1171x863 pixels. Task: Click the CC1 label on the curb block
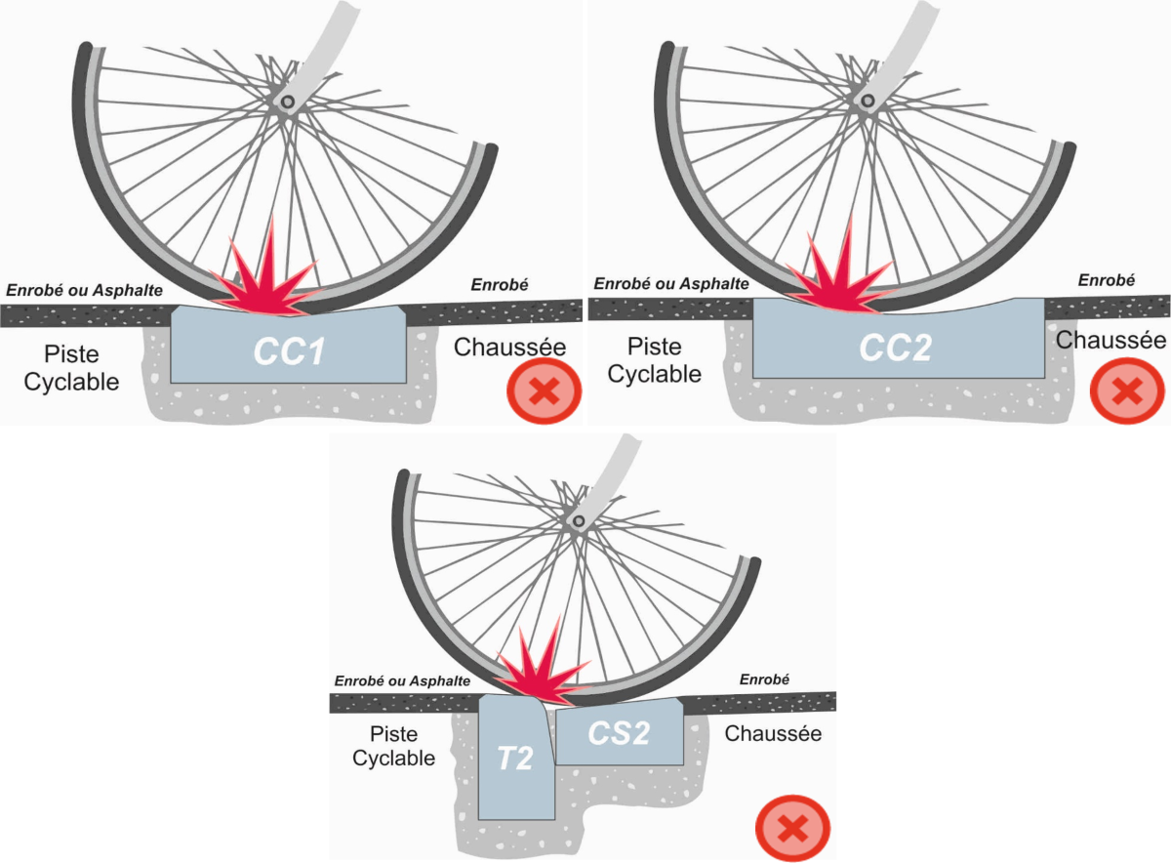point(289,351)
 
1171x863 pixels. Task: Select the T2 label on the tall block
point(515,758)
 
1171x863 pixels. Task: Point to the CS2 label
point(619,733)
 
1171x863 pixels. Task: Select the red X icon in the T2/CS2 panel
point(792,829)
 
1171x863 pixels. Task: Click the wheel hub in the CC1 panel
point(287,102)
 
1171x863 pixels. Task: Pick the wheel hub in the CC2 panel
point(866,100)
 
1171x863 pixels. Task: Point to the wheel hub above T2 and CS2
point(579,521)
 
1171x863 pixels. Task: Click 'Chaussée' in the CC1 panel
point(509,347)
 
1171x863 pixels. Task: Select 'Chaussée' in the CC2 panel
point(1110,340)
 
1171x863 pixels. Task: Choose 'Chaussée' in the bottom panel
point(773,732)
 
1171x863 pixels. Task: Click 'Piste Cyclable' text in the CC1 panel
point(71,368)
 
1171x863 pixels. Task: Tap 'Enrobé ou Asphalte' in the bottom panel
point(403,680)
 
